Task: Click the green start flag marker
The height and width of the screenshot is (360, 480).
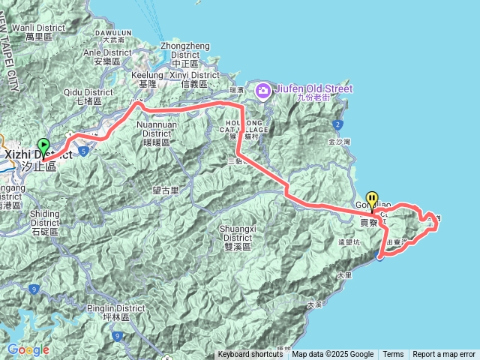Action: tap(43, 145)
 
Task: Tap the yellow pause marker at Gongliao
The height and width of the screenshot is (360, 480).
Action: tap(373, 198)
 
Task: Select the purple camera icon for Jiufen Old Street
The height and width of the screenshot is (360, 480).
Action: tap(262, 91)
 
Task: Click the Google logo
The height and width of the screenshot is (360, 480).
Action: tap(28, 349)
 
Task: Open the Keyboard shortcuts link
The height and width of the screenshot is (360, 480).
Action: tap(250, 355)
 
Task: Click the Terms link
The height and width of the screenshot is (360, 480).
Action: tap(393, 355)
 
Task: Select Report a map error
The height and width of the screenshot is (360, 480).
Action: tap(444, 355)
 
